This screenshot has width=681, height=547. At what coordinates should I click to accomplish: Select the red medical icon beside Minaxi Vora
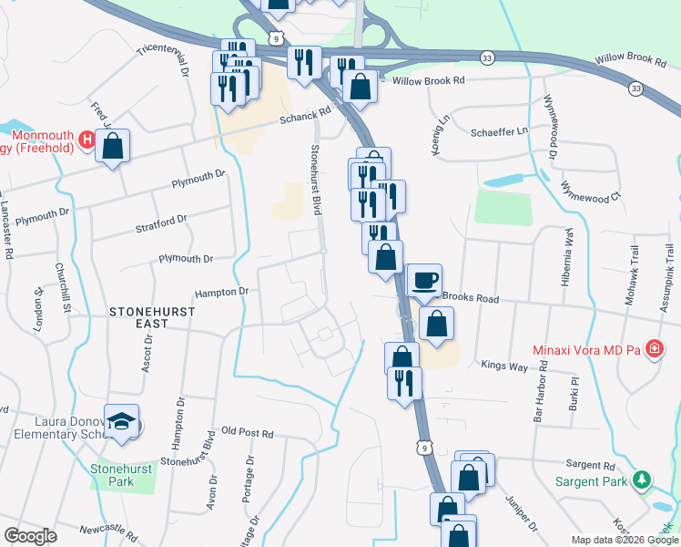[x=653, y=349]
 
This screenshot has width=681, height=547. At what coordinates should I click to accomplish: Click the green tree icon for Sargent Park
[x=642, y=479]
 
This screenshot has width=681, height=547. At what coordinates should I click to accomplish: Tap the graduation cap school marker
[x=122, y=421]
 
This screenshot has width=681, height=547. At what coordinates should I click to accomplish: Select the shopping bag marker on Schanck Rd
[x=112, y=146]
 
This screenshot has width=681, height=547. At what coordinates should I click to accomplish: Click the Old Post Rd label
[x=247, y=433]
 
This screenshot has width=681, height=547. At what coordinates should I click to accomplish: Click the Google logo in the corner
[x=30, y=536]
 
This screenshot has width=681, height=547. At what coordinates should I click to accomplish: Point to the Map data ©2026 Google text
[x=624, y=540]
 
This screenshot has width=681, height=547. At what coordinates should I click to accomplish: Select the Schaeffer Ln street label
[x=499, y=132]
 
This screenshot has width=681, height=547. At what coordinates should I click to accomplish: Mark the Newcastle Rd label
[x=107, y=530]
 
